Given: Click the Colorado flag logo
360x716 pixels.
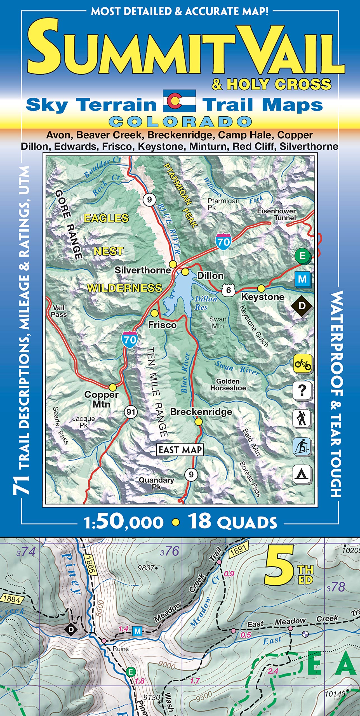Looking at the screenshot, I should point(179,101).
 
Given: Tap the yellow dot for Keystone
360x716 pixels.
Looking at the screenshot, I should point(261,288).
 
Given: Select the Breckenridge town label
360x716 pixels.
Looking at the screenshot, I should point(201,412).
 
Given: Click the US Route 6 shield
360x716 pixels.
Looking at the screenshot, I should point(228,290).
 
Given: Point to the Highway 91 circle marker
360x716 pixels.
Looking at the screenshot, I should point(131,412).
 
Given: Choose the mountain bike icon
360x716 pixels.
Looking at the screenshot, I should point(303,363).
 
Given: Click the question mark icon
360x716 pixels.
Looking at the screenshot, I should point(302,390).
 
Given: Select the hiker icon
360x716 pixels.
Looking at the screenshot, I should point(302,418).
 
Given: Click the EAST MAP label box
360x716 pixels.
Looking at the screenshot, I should point(180,450).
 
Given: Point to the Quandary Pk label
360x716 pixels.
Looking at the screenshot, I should point(156,483).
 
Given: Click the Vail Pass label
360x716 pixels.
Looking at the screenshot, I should point(59,311).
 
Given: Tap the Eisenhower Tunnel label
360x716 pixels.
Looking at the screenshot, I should point(276,214).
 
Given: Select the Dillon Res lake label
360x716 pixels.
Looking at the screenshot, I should point(206,303).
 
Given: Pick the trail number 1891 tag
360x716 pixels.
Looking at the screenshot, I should point(239,550).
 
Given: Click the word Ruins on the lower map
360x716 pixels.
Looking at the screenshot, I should point(121,649).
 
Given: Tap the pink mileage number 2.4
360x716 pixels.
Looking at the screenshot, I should point(273,671).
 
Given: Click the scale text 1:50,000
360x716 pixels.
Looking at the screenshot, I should point(123,522).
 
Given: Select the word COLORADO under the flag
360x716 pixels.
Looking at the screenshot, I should point(180,122).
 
